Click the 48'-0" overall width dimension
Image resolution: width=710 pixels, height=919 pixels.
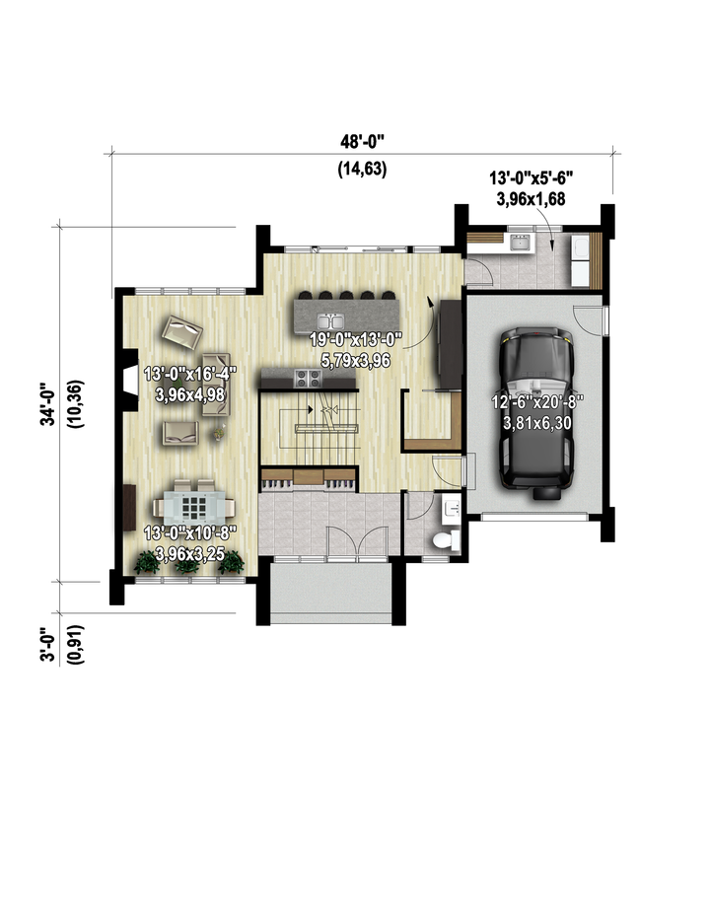tap(362, 142)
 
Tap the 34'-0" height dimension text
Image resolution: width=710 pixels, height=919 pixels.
tap(48, 404)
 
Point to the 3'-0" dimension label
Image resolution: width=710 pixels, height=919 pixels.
tap(48, 645)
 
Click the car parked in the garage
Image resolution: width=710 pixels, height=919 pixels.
tap(535, 412)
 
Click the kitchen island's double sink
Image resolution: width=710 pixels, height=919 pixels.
tap(330, 321)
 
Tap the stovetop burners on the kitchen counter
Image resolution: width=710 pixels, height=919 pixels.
tap(308, 378)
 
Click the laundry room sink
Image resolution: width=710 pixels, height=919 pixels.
tap(520, 242)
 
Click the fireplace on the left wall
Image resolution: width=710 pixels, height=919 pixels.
tap(128, 381)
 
